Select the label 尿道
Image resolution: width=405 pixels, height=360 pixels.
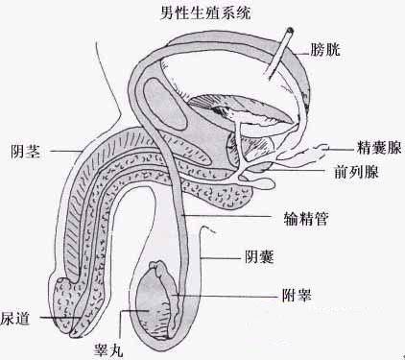pos(16,318)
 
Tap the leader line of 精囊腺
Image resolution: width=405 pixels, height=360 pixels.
pos(341,149)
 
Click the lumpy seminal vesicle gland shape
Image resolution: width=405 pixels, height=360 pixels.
pos(298,152)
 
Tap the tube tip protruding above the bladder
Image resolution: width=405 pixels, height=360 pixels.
pos(288,35)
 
